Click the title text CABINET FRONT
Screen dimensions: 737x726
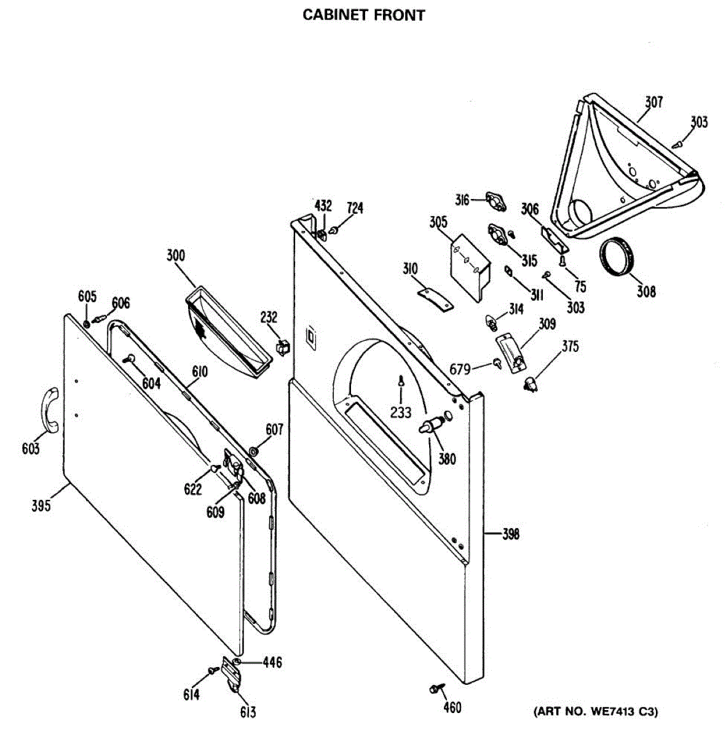coord(363,15)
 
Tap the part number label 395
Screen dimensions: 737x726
coord(41,505)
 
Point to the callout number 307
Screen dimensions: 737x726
coord(653,102)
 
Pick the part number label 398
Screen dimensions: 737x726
coord(511,534)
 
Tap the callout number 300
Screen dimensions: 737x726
coord(176,255)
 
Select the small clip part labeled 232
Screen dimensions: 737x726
coord(283,347)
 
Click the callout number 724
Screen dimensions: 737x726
coord(355,208)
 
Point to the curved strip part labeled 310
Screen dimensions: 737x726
coord(435,297)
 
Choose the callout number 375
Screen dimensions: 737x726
coord(570,346)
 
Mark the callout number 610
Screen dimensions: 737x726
coord(199,372)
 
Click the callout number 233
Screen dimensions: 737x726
coord(400,412)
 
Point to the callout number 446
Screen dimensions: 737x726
coord(272,662)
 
